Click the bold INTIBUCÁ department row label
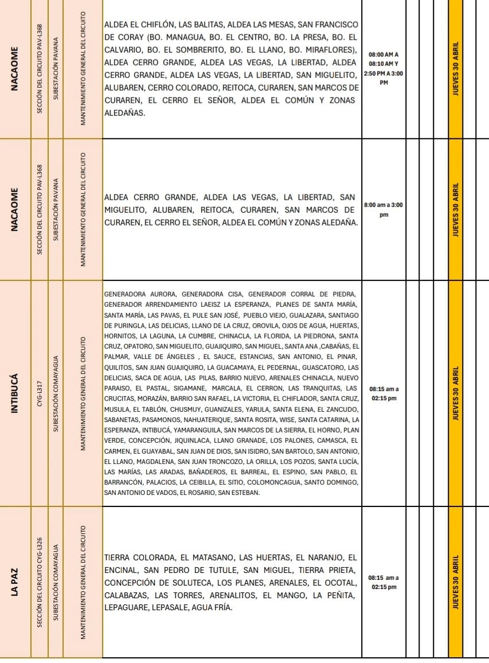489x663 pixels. click(x=15, y=393)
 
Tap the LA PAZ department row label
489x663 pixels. click(x=15, y=582)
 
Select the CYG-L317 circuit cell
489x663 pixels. click(x=40, y=393)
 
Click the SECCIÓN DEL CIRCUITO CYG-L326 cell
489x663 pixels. click(x=40, y=582)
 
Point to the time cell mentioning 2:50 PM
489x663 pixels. click(x=384, y=69)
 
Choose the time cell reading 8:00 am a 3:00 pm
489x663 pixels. click(x=384, y=209)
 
